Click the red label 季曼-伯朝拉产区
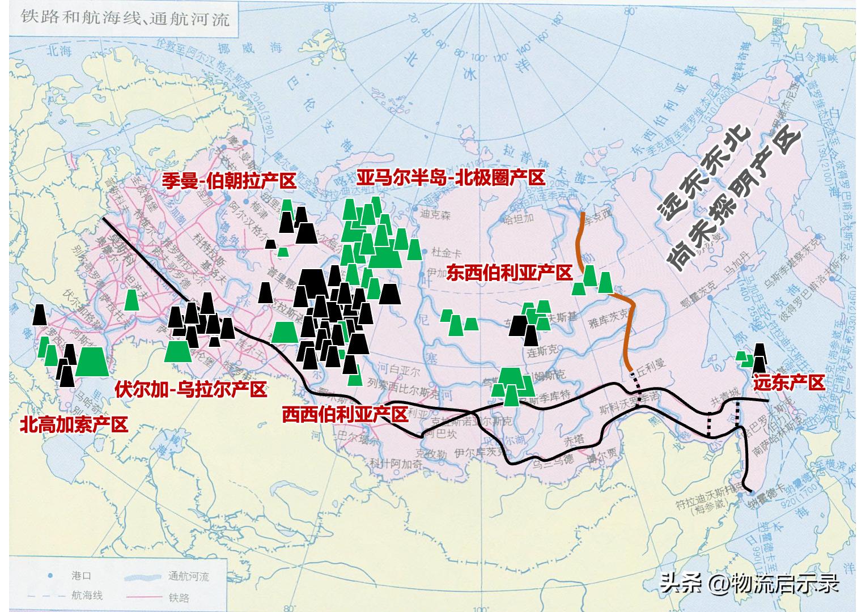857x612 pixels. [x=229, y=181]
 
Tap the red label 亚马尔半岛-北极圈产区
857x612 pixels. [x=451, y=177]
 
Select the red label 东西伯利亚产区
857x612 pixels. [x=509, y=273]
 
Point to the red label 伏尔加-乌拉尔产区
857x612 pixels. [x=190, y=390]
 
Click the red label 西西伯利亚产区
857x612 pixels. [x=345, y=415]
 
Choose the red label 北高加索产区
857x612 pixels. [x=74, y=424]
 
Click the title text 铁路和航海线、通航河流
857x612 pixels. [x=126, y=19]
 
